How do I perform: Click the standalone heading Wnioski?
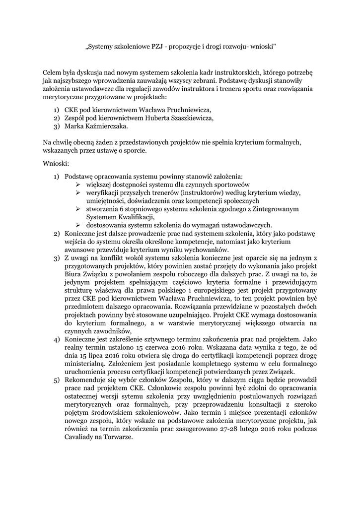coord(56,162)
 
